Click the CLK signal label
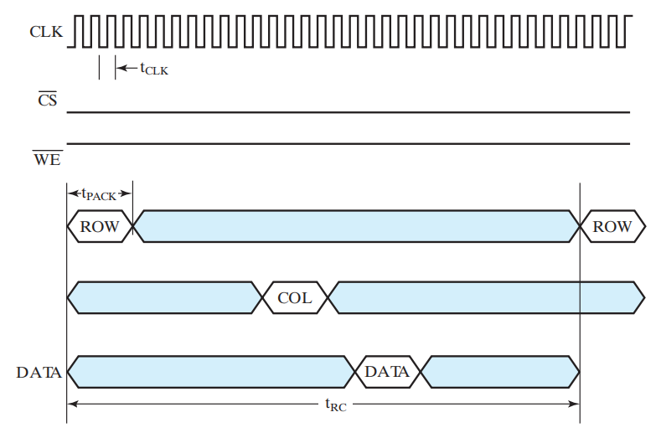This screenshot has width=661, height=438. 44,33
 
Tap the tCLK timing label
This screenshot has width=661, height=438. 153,70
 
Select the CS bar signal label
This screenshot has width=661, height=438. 48,102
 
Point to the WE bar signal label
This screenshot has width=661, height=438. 47,157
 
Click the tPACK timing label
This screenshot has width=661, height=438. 99,195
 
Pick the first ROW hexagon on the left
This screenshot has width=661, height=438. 99,226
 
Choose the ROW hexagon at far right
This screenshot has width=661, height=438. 612,226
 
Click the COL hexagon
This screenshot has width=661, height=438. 294,297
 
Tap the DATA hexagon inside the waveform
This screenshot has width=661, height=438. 387,372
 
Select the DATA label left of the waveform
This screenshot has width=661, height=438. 39,372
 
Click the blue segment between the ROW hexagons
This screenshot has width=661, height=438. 356,226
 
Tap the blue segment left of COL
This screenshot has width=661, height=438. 164,297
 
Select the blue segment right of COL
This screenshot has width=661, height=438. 486,297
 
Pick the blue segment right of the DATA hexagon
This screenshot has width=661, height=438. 499,372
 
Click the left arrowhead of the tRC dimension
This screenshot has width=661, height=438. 72,404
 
